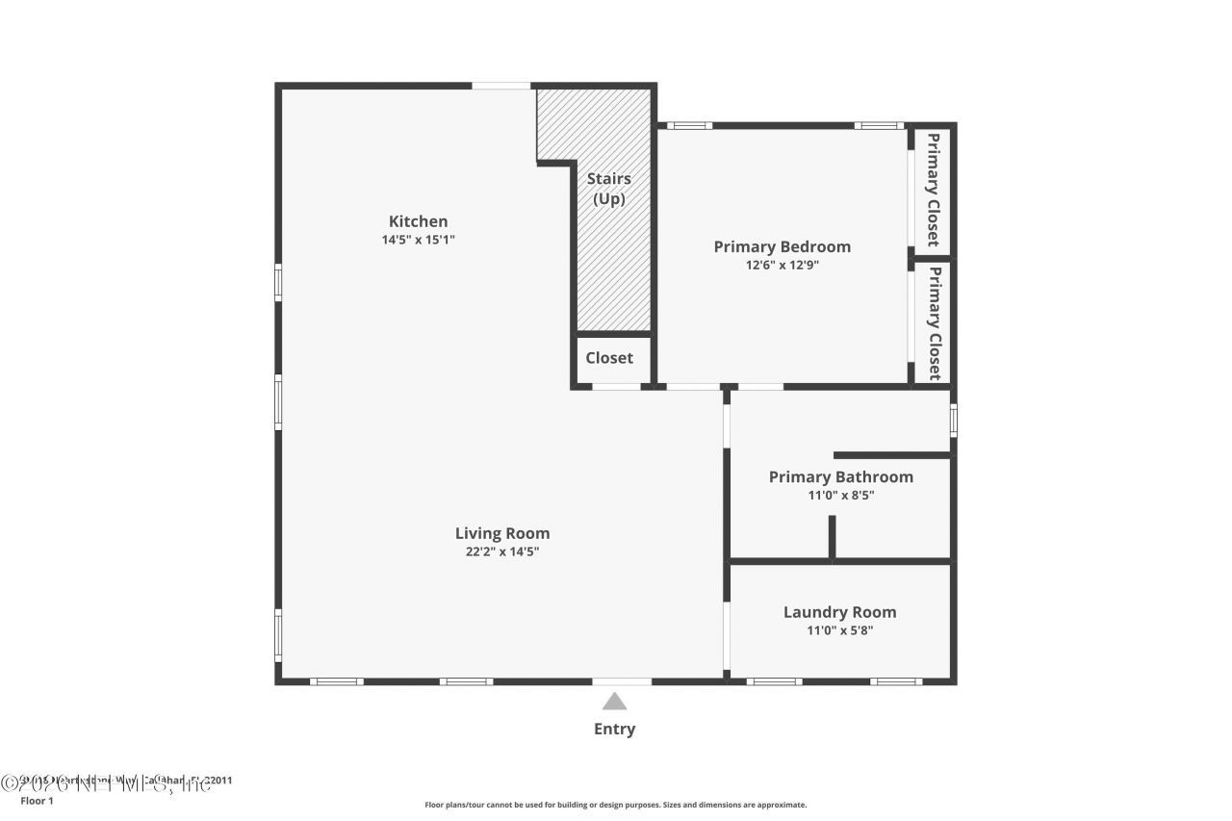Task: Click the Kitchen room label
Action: pyautogui.click(x=418, y=221)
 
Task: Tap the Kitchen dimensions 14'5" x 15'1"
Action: pyautogui.click(x=418, y=240)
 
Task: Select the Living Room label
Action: pyautogui.click(x=502, y=533)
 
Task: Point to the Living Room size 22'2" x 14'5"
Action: pyautogui.click(x=502, y=552)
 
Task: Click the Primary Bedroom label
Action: pyautogui.click(x=782, y=246)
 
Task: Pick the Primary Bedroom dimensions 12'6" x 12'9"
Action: pyautogui.click(x=782, y=265)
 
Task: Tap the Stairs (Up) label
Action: pyautogui.click(x=609, y=189)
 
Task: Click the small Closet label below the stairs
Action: pyautogui.click(x=609, y=358)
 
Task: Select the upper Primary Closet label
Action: pyautogui.click(x=933, y=190)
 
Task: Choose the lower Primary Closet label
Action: pyautogui.click(x=933, y=322)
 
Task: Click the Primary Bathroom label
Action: pyautogui.click(x=840, y=477)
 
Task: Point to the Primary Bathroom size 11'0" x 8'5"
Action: pyautogui.click(x=840, y=496)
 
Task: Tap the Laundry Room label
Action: pyautogui.click(x=839, y=612)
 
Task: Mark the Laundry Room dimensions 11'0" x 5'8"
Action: pyautogui.click(x=839, y=630)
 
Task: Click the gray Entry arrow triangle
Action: pyautogui.click(x=614, y=702)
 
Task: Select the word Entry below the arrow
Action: pyautogui.click(x=614, y=730)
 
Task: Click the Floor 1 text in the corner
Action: pyautogui.click(x=37, y=801)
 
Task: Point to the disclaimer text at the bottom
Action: pyautogui.click(x=616, y=805)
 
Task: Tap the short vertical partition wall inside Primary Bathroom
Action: pyautogui.click(x=833, y=537)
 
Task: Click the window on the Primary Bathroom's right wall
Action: pyautogui.click(x=953, y=421)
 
